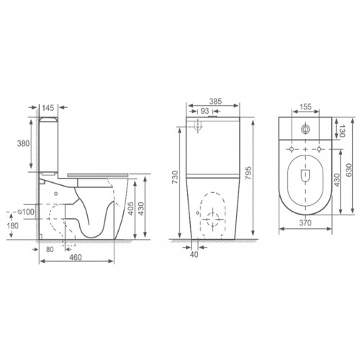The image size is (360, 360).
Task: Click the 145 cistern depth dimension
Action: pyautogui.click(x=48, y=108)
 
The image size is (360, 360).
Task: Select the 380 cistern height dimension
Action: pyautogui.click(x=23, y=143)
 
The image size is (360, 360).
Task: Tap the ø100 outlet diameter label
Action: pyautogui.click(x=27, y=212)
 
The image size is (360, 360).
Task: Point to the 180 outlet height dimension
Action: pyautogui.click(x=13, y=225)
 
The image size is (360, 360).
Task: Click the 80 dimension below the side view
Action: pyautogui.click(x=50, y=249)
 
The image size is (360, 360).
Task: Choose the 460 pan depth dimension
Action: pyautogui.click(x=76, y=257)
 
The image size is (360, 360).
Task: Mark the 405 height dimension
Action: pyautogui.click(x=131, y=208)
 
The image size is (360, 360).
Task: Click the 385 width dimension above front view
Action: pyautogui.click(x=215, y=102)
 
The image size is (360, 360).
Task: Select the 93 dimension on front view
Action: pyautogui.click(x=204, y=111)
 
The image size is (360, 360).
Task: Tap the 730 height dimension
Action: pyautogui.click(x=175, y=177)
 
